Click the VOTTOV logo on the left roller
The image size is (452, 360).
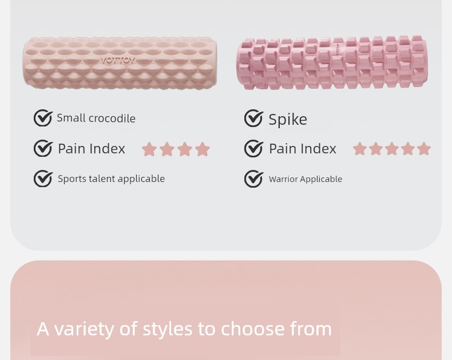coord(118,61)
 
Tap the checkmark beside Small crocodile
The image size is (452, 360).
coord(43,118)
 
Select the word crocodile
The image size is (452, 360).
coord(112,118)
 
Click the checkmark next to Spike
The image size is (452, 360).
coord(253,118)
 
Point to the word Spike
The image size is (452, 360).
coord(288,120)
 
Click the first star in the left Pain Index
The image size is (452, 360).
coord(149,149)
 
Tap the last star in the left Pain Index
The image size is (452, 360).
coord(203,149)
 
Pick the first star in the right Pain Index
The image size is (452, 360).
coord(360,149)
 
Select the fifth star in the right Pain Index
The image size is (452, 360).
coord(424,149)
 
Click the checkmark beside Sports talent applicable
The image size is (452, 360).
coord(43,179)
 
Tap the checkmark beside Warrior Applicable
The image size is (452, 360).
coord(253,179)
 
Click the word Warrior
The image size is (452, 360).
coord(283,179)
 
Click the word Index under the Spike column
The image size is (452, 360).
coord(319,149)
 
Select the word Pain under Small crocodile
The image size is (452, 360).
coord(72,149)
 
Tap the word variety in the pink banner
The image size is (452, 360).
coord(86,330)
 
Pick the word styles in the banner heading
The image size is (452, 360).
coord(168,330)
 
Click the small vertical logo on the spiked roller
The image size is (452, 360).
coord(337,49)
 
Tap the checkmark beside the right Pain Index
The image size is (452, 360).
coord(253,148)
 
